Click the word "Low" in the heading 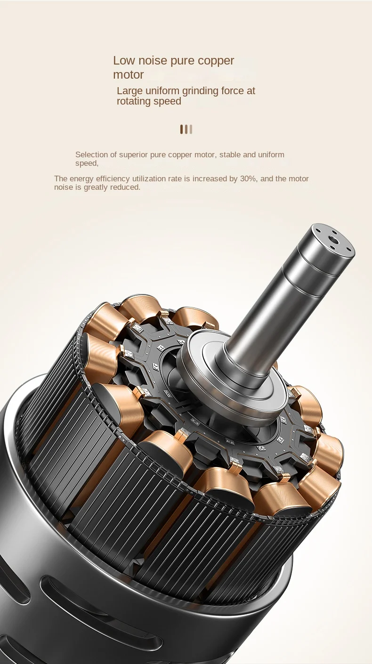(x=124, y=61)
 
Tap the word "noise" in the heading (x=153, y=61)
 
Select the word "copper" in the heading (x=216, y=61)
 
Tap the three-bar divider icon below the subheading (x=186, y=129)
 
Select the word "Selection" (x=91, y=155)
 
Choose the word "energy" (x=82, y=179)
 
